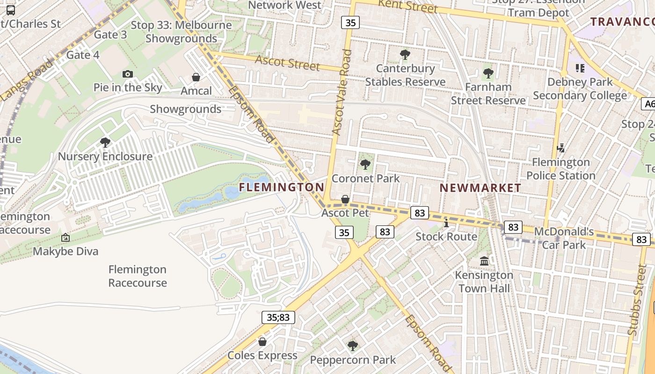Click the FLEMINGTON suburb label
tap(281, 187)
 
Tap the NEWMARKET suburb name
tap(480, 188)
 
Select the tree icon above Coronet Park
tap(365, 165)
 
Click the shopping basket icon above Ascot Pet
tap(345, 200)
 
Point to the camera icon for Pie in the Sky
tap(127, 74)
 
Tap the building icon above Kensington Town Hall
tap(484, 260)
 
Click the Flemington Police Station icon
tap(560, 148)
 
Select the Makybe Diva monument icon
tap(65, 237)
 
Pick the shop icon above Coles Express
tap(262, 342)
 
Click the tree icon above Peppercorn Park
tap(353, 346)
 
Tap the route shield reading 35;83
tap(278, 317)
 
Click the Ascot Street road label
tap(287, 62)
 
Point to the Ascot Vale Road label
tap(342, 92)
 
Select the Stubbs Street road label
tap(638, 299)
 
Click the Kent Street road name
tap(408, 6)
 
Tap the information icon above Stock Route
tap(446, 223)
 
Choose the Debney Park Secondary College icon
tap(580, 68)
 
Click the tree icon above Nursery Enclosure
tap(105, 142)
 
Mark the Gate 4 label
tap(83, 55)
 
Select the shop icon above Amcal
tap(196, 77)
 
